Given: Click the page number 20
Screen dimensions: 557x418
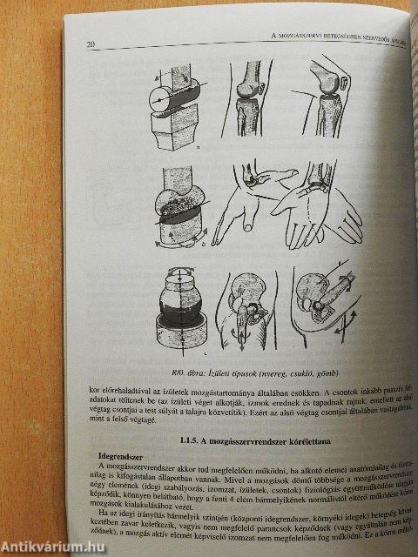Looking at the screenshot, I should coord(91,44).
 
